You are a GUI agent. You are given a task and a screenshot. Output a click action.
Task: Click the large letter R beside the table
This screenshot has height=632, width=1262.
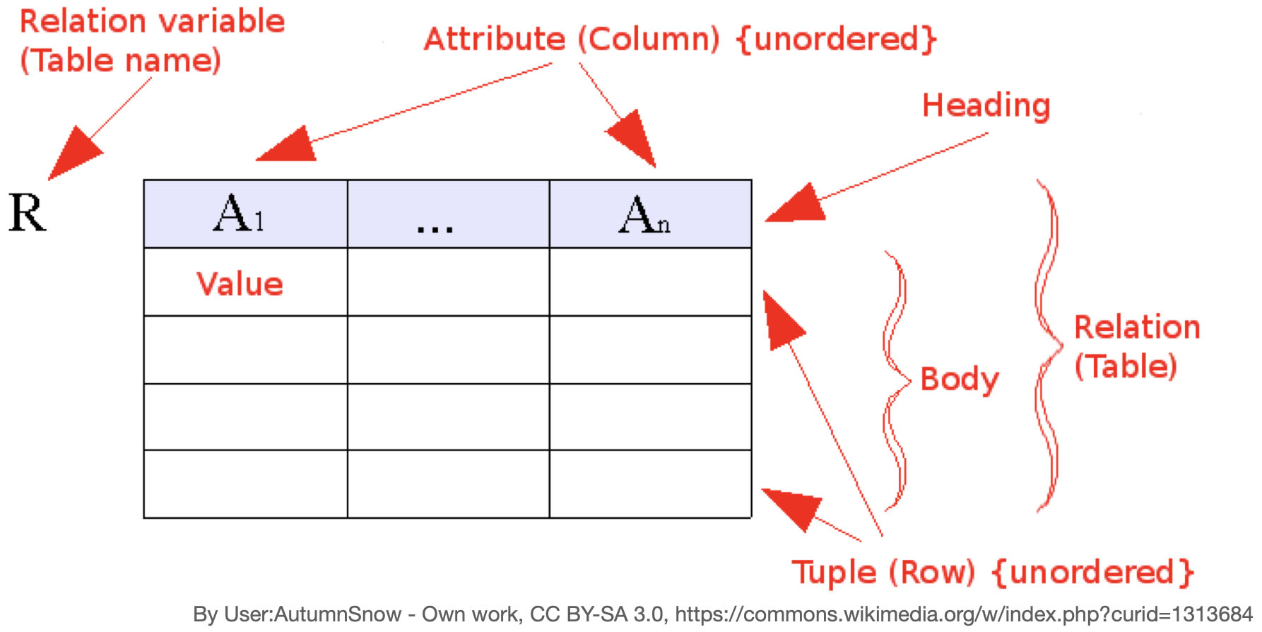pos(28,213)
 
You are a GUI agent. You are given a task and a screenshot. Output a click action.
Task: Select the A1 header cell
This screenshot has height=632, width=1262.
pos(245,213)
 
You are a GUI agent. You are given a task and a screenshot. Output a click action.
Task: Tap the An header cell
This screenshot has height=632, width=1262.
pos(650,213)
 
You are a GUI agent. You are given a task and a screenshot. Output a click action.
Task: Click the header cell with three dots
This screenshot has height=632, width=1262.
pos(448,213)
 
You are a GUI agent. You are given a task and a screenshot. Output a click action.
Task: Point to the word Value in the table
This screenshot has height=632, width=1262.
pos(240,283)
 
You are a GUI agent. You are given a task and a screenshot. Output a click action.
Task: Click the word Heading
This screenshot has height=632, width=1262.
pos(986,106)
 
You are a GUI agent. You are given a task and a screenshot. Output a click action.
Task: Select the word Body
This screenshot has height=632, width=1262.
pos(960,380)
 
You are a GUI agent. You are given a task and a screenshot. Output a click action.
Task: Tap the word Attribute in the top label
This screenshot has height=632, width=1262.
pos(494,39)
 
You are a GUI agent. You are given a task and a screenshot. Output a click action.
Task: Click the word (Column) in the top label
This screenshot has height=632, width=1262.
pos(649,39)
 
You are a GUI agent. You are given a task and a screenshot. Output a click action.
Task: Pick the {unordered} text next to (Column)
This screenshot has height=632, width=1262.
pos(836,39)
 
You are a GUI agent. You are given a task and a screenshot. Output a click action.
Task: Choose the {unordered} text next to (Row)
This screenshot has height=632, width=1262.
pos(1093,572)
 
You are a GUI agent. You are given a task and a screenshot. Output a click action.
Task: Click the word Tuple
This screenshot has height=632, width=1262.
pos(834,572)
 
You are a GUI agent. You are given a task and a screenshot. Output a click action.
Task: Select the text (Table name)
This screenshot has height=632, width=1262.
pos(120,60)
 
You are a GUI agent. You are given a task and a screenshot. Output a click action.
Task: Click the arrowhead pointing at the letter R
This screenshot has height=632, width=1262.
pos(72,153)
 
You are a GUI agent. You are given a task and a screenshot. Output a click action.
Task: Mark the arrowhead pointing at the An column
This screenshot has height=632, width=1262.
pos(634,139)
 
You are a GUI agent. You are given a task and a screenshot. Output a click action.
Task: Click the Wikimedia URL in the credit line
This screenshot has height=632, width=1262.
pos(964,614)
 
